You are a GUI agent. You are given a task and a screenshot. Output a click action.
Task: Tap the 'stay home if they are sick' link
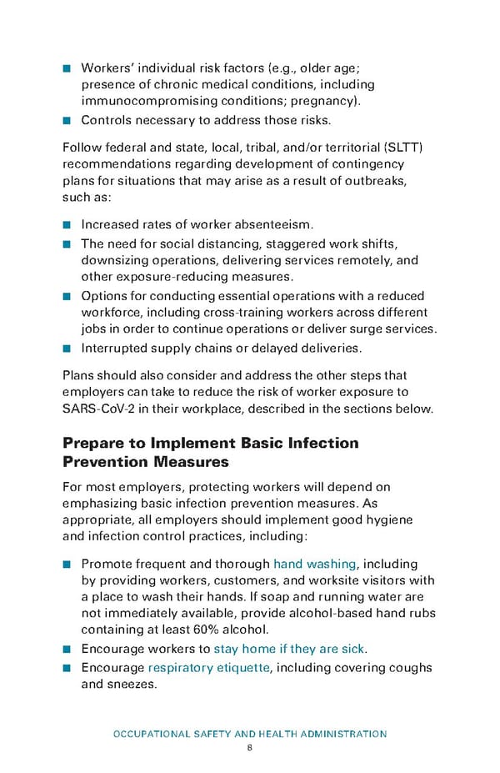290,649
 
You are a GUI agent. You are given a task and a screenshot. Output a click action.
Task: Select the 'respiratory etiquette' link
209,667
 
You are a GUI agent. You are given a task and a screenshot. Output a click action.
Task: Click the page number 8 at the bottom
249,747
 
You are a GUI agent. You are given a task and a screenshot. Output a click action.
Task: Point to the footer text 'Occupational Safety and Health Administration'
249,734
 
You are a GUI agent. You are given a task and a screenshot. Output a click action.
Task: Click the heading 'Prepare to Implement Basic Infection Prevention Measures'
211,451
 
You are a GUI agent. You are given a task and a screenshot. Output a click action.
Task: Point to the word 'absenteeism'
272,224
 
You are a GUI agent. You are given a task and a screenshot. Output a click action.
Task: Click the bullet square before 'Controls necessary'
67,120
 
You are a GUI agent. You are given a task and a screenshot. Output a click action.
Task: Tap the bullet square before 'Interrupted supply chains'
67,348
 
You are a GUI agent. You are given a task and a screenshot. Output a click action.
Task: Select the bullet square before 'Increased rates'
67,225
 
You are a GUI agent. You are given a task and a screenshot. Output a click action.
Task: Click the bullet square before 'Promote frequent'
67,565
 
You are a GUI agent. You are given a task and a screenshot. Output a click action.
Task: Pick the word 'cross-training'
241,312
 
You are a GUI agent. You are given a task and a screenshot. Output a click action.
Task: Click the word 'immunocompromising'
147,102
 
